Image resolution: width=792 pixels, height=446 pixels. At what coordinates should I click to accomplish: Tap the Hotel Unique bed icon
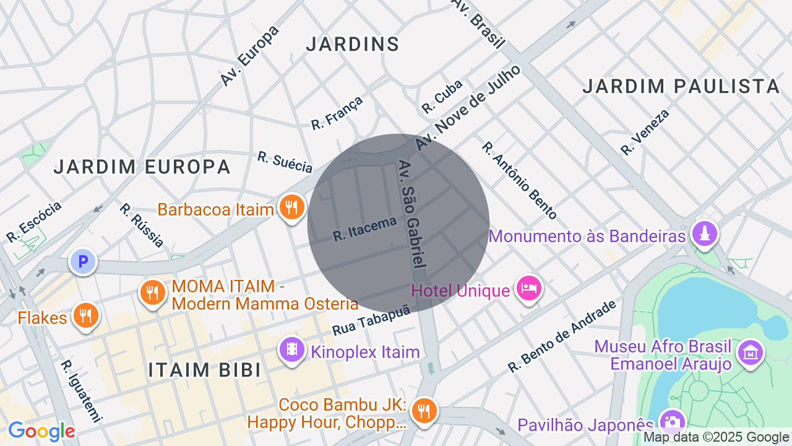(530, 289)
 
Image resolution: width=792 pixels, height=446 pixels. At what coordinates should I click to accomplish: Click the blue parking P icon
(82, 261)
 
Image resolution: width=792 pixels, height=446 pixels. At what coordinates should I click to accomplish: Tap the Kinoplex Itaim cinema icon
(292, 350)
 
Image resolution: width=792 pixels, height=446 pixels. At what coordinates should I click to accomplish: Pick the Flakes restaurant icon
(85, 316)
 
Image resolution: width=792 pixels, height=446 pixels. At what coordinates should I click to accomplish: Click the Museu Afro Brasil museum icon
(751, 353)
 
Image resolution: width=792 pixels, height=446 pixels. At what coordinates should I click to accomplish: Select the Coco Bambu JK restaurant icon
(424, 411)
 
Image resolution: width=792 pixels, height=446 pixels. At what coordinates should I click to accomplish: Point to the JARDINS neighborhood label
(353, 44)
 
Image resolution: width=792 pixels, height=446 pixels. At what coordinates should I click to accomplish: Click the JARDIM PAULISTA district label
(681, 87)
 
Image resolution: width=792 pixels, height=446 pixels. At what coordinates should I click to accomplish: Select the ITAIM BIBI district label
(204, 370)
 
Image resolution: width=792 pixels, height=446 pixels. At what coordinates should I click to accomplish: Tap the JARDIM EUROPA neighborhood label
(142, 167)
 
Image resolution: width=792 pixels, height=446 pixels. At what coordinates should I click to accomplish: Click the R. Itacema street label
(364, 229)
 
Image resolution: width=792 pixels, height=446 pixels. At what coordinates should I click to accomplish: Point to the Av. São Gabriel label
(413, 214)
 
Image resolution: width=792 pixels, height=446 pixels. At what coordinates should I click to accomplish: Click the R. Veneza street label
(645, 132)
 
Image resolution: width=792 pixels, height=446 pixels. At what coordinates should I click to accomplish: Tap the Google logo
(41, 431)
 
